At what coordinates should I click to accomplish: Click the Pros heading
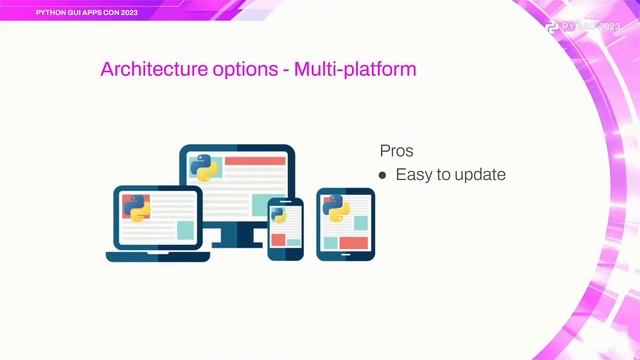(396, 150)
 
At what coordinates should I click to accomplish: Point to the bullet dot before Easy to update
(382, 175)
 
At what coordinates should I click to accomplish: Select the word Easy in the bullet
(414, 175)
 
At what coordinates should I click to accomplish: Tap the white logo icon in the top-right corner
(553, 27)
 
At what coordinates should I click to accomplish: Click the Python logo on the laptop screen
(135, 207)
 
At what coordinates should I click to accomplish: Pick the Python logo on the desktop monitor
(206, 167)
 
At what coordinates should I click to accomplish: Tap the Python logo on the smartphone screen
(278, 215)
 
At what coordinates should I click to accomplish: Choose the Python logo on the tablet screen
(335, 208)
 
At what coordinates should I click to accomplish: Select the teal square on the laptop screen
(185, 229)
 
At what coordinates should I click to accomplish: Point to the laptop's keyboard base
(158, 256)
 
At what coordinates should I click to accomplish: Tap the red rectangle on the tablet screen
(353, 242)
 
